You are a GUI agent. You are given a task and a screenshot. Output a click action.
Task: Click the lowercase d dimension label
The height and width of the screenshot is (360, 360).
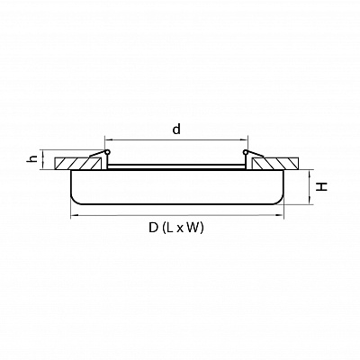pyautogui.click(x=176, y=129)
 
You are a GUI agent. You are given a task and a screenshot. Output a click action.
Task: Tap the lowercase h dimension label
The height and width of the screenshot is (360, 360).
pyautogui.click(x=33, y=158)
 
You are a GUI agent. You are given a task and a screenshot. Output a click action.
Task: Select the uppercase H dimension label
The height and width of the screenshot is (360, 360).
pyautogui.click(x=322, y=187)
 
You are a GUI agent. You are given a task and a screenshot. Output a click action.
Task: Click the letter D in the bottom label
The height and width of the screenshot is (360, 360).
pyautogui.click(x=153, y=228)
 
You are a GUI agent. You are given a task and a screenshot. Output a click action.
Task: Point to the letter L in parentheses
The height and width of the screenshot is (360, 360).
pyautogui.click(x=170, y=228)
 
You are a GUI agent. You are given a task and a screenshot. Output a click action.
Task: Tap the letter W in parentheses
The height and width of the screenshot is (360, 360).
pyautogui.click(x=193, y=228)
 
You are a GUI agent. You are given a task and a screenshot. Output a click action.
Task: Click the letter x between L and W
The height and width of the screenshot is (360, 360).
pyautogui.click(x=179, y=229)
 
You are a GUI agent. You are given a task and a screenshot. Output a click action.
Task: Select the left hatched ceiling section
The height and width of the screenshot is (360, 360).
pyautogui.click(x=77, y=163)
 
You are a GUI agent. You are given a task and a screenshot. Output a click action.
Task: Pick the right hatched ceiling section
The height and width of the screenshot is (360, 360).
pyautogui.click(x=275, y=163)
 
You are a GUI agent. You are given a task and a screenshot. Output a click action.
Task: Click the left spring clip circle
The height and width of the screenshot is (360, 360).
pyautogui.click(x=107, y=152)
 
